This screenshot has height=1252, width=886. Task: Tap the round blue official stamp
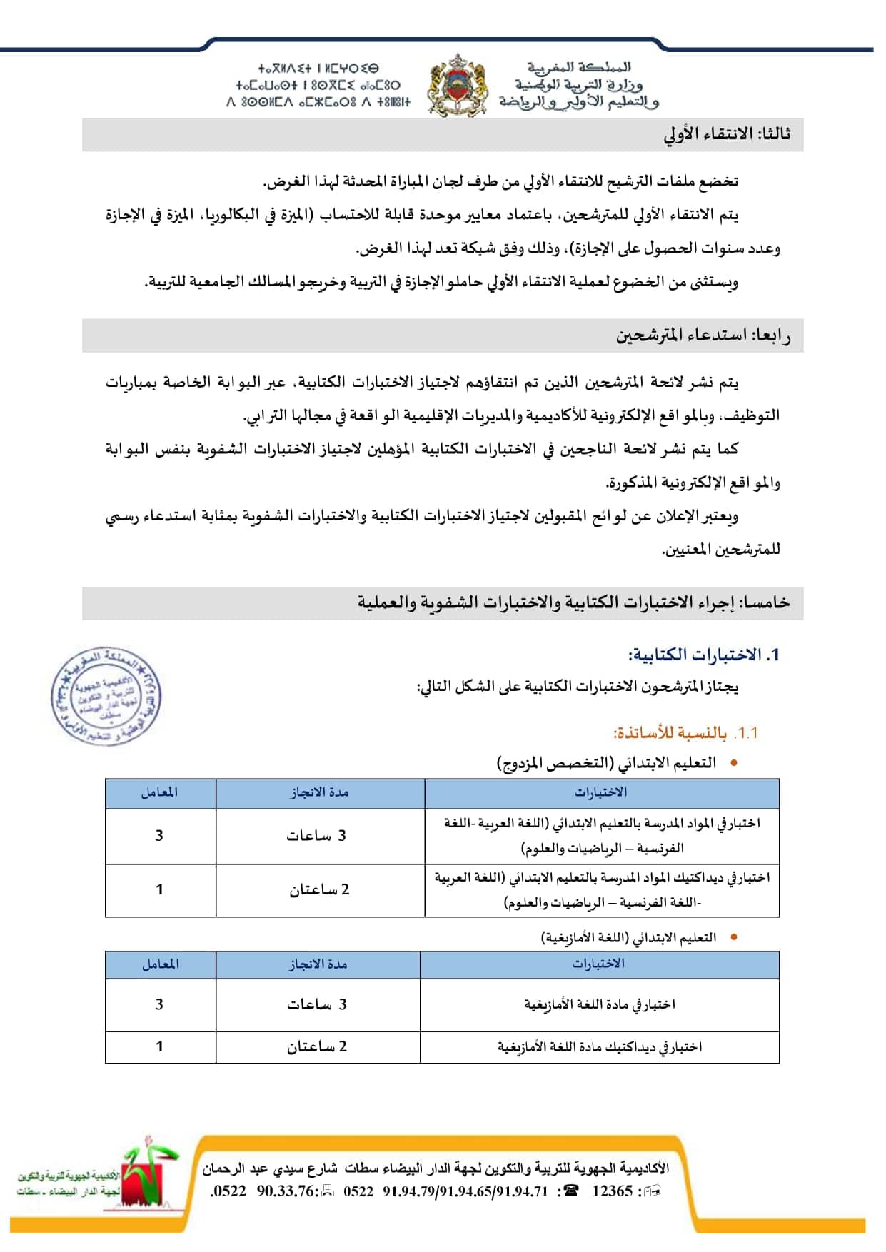pos(106,696)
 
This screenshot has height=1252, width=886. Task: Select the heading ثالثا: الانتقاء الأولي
pos(727,134)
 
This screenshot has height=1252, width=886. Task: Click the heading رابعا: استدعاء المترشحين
pos(703,335)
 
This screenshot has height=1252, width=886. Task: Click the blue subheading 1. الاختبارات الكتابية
pos(703,655)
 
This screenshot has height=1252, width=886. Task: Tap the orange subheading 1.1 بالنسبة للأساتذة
pos(685,733)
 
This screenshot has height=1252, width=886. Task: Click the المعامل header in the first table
pos(160,792)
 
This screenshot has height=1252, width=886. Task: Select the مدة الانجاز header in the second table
pos(318,964)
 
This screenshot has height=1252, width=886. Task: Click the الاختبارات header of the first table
pos(601,792)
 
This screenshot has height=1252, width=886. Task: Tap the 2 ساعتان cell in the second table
pos(317,1046)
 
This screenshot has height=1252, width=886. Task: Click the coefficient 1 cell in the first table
pos(160,889)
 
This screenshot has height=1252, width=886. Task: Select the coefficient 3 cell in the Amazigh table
pos(159,1004)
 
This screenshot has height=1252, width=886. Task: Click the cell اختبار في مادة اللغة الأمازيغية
pos(600,1004)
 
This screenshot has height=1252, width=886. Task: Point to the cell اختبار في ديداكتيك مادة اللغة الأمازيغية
pos(600,1047)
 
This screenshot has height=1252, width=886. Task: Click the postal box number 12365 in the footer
pos(612,1191)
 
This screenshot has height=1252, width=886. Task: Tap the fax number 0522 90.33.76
pos(265,1191)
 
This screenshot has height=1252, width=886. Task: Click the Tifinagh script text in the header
pos(318,86)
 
